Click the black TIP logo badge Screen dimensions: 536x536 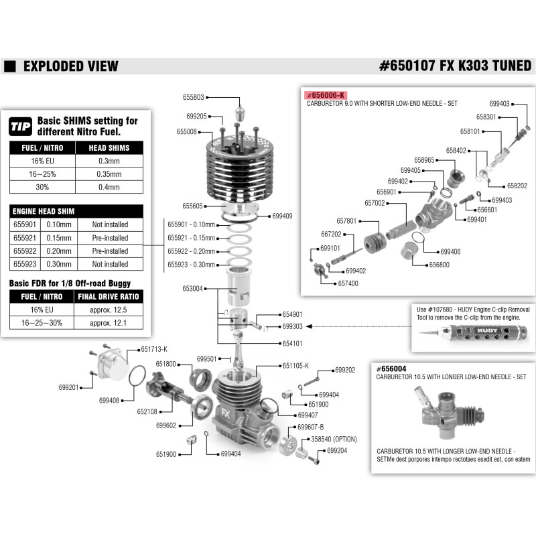pos(21,127)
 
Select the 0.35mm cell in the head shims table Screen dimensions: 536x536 pos(109,174)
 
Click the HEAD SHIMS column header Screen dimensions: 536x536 pos(109,147)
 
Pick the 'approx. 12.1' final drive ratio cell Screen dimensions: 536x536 pos(108,323)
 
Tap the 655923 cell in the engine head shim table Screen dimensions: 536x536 pos(25,264)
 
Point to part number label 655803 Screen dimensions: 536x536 pos(193,97)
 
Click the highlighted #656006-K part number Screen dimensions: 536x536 pos(326,95)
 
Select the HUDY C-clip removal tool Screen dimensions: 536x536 pos(473,332)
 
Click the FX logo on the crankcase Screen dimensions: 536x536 pos(226,413)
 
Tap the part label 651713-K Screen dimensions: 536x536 pos(154,349)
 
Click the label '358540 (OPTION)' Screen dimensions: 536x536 pos(334,439)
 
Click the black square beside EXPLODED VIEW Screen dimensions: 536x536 pos(10,66)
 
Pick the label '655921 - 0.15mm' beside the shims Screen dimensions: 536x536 pos(191,238)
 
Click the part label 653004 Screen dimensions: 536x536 pos(192,289)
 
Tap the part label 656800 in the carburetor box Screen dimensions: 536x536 pos(440,265)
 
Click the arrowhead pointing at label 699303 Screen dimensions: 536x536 pos(309,326)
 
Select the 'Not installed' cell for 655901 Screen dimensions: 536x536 pos(110,224)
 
